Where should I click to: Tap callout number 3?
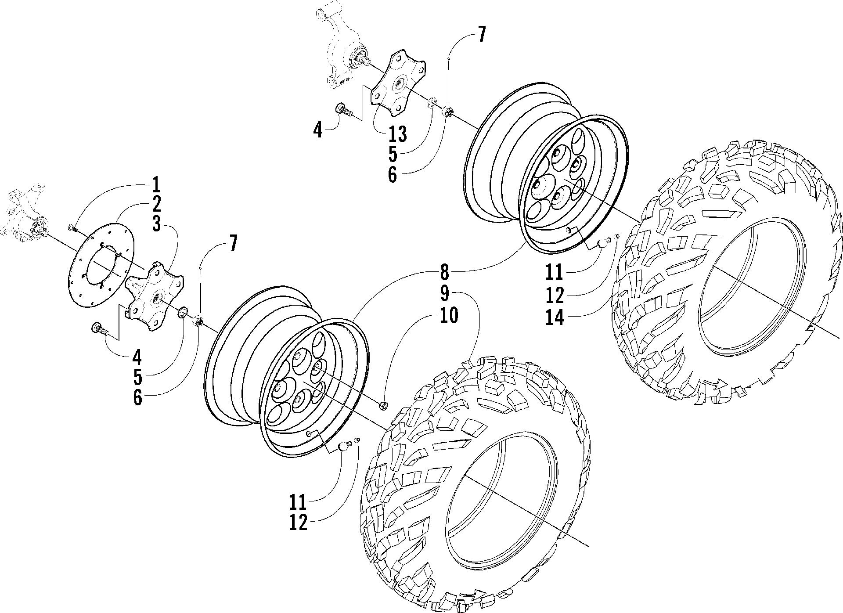point(155,225)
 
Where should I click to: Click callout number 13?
point(397,134)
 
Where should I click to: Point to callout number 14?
point(554,317)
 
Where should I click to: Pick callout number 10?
point(448,315)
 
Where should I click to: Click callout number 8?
point(445,272)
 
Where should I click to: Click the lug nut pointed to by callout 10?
point(382,405)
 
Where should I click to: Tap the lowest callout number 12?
point(298,523)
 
